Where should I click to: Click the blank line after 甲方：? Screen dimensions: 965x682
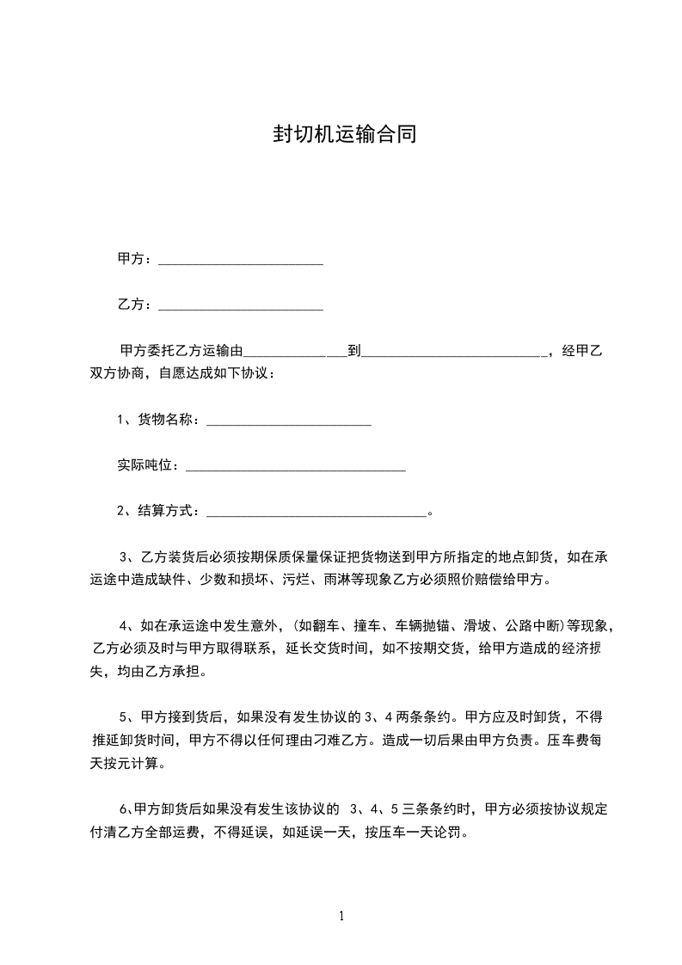coord(241,261)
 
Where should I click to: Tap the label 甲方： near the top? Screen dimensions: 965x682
coord(135,258)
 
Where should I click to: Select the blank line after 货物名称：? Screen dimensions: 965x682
coord(289,422)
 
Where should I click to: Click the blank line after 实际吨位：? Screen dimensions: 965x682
coord(295,468)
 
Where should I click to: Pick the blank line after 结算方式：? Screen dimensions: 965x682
coord(316,513)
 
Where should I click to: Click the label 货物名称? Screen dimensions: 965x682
coord(169,420)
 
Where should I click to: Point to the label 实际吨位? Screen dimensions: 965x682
coord(148,465)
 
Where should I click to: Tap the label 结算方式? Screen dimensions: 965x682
coord(169,511)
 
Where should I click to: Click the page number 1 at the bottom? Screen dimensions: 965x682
coord(341,916)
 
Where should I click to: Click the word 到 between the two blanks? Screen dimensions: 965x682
coord(353,350)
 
